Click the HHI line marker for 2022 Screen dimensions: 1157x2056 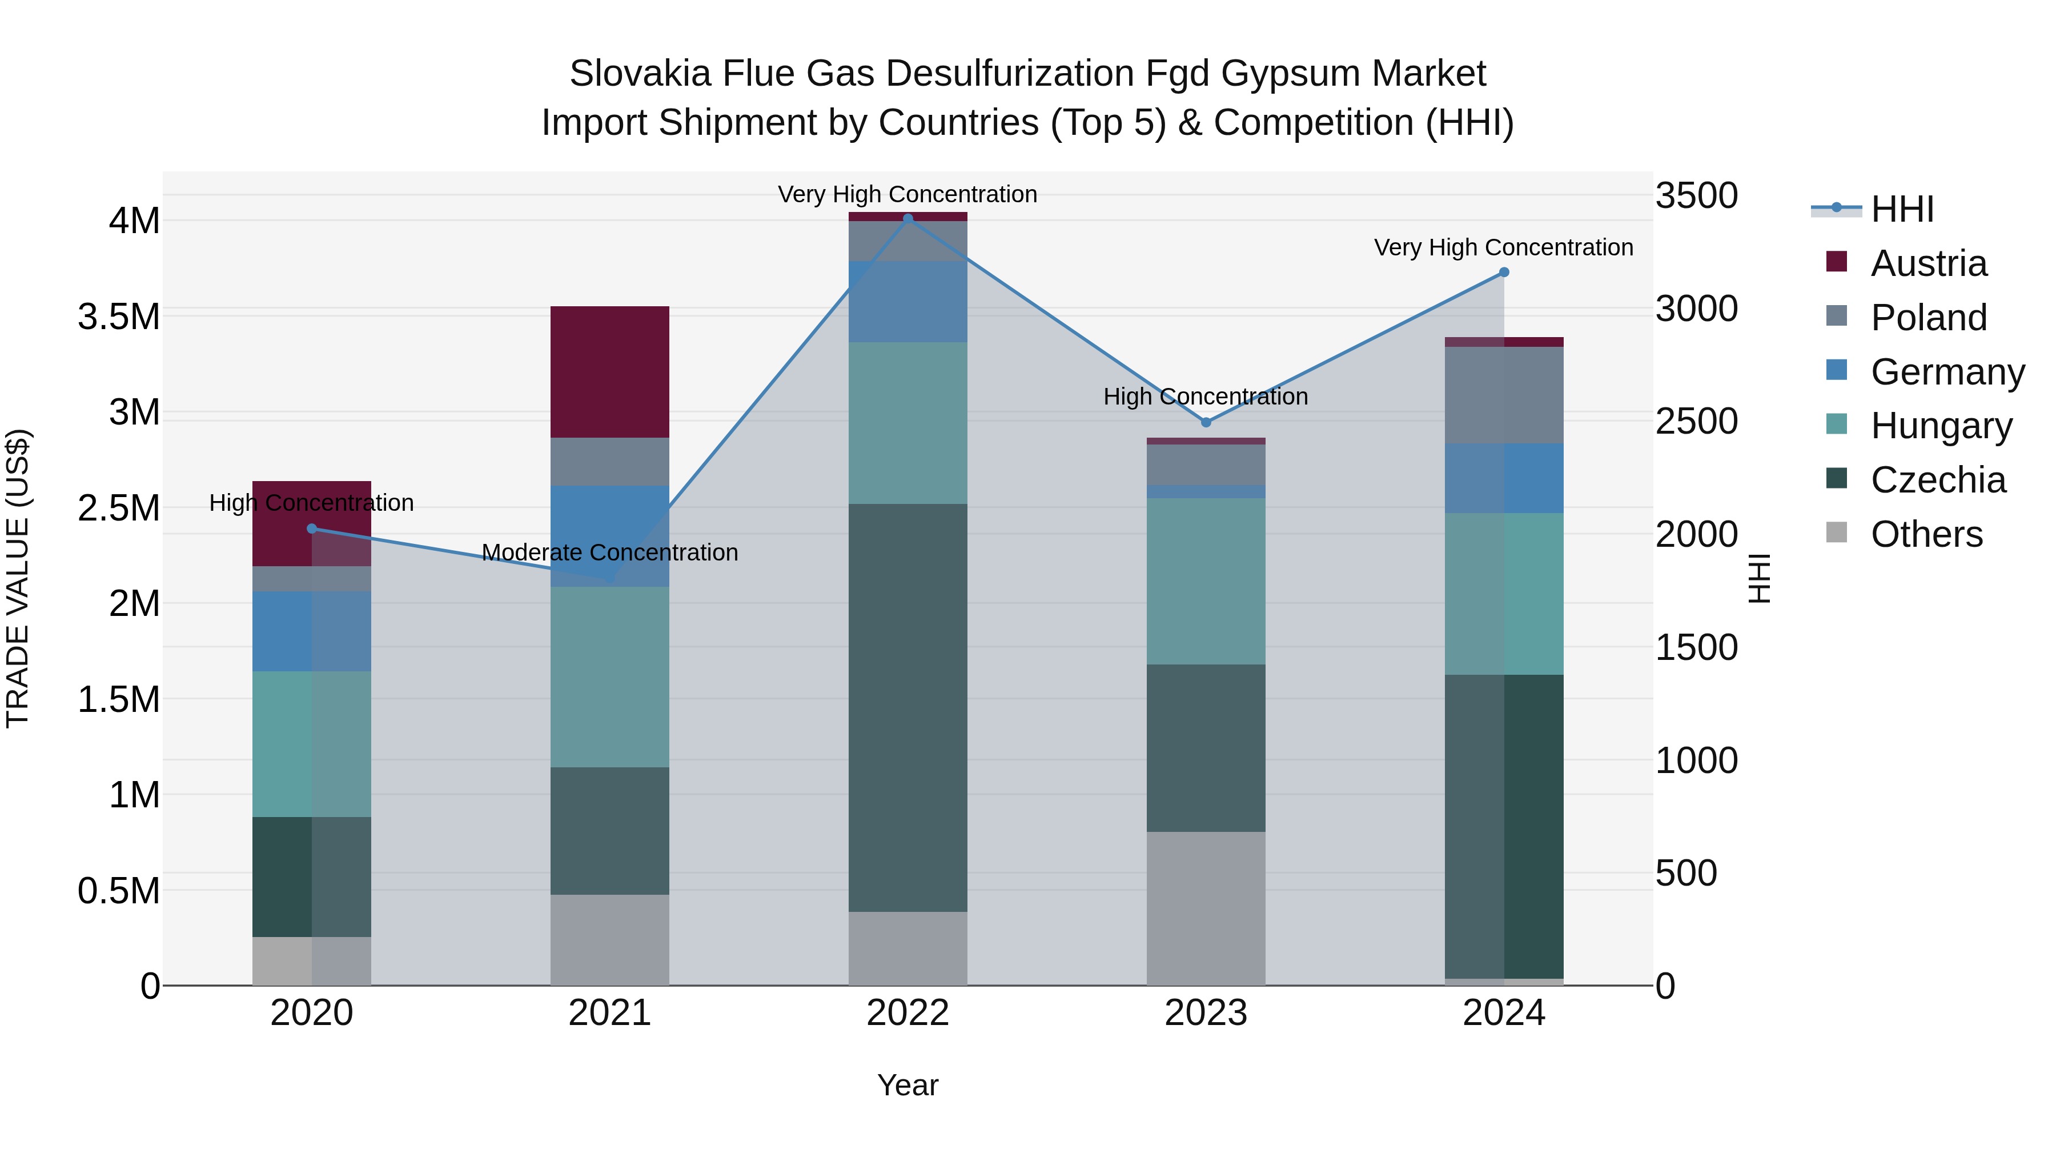(x=907, y=219)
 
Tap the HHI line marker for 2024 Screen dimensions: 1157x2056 (x=1504, y=273)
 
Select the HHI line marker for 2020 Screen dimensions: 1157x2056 (x=312, y=529)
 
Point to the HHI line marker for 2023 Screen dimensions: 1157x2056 (x=1206, y=422)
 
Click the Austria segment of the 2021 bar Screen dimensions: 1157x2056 (x=610, y=371)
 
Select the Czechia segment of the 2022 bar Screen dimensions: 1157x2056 (x=907, y=707)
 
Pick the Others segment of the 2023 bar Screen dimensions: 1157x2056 (x=1206, y=908)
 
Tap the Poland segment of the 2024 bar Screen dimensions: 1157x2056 (x=1504, y=395)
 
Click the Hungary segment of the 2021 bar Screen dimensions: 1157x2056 (x=610, y=677)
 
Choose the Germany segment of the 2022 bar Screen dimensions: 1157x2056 (x=907, y=302)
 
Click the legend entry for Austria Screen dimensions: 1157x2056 (x=1927, y=263)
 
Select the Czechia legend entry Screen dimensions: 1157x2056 (x=1937, y=480)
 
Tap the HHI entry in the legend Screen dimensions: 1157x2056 (x=1901, y=209)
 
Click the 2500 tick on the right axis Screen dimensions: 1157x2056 (x=1696, y=422)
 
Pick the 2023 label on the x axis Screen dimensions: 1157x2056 (x=1206, y=1013)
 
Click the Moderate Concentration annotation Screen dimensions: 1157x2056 (x=610, y=553)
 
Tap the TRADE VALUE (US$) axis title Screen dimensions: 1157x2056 (x=18, y=578)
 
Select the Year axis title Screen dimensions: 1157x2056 (x=907, y=1085)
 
